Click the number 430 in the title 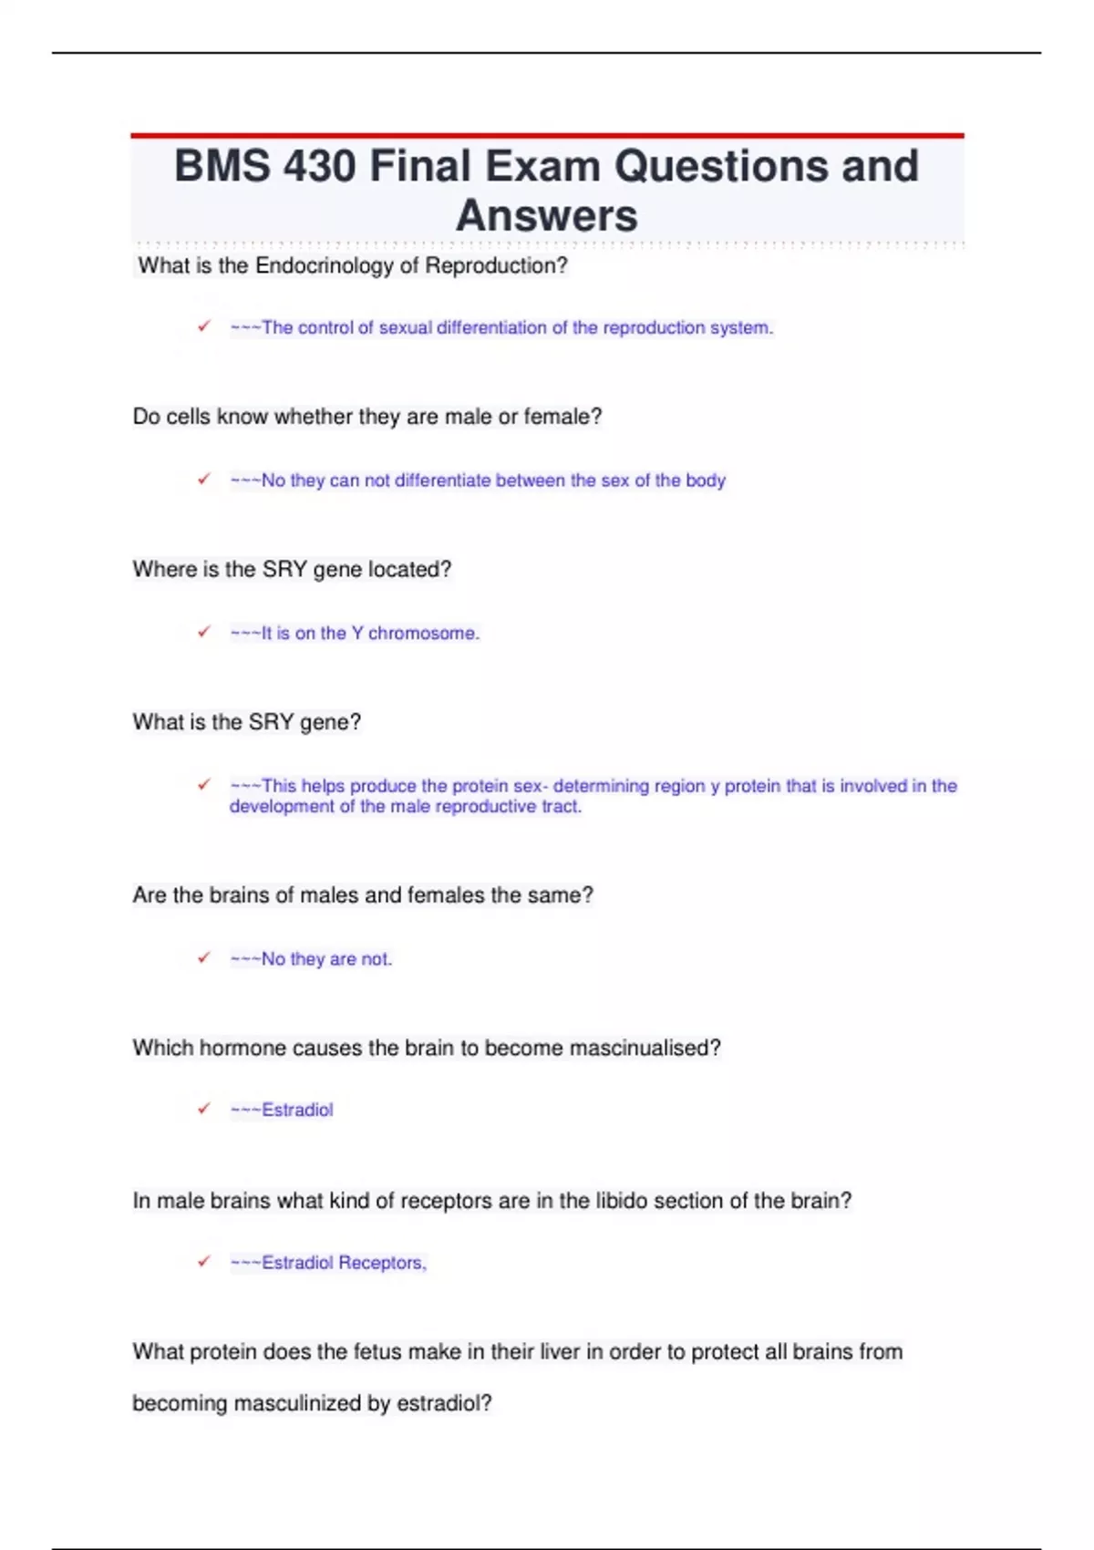pyautogui.click(x=319, y=167)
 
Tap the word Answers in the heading pyautogui.click(x=546, y=216)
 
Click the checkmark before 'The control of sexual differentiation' pyautogui.click(x=204, y=326)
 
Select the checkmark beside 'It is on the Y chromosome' pyautogui.click(x=204, y=632)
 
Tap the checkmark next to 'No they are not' pyautogui.click(x=204, y=957)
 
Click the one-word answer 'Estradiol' pyautogui.click(x=297, y=1111)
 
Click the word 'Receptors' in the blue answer pyautogui.click(x=381, y=1264)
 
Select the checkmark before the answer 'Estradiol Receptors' pyautogui.click(x=204, y=1262)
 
